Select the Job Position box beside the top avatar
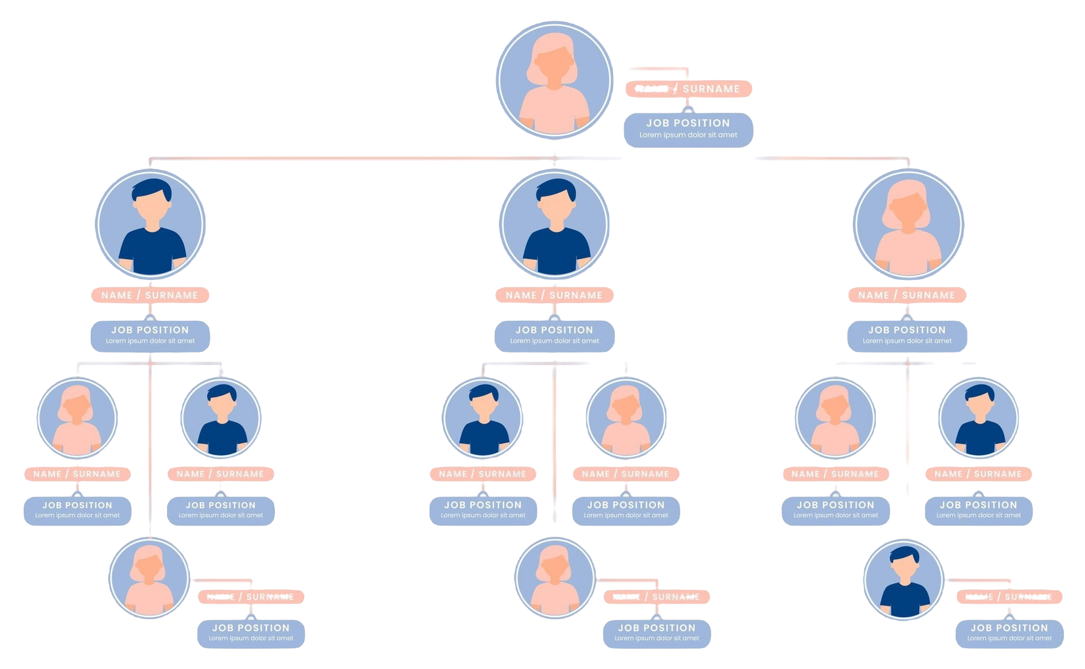(x=688, y=129)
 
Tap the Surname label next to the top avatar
(x=711, y=89)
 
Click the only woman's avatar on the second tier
(x=908, y=224)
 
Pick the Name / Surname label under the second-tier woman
(x=906, y=295)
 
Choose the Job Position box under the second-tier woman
(x=907, y=335)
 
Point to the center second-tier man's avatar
(x=554, y=224)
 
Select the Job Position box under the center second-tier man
(x=554, y=335)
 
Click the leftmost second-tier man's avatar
(x=151, y=224)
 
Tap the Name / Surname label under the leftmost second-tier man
(x=150, y=295)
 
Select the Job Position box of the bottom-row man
(x=1009, y=632)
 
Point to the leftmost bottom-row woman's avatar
(x=149, y=577)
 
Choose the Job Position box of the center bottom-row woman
(x=656, y=632)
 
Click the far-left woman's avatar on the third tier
(x=77, y=418)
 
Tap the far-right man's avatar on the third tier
(x=978, y=418)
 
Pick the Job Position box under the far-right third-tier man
(x=978, y=510)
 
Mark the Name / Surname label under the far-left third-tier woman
(x=77, y=474)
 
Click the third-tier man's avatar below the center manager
(x=483, y=418)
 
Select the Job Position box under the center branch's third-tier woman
(x=625, y=510)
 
